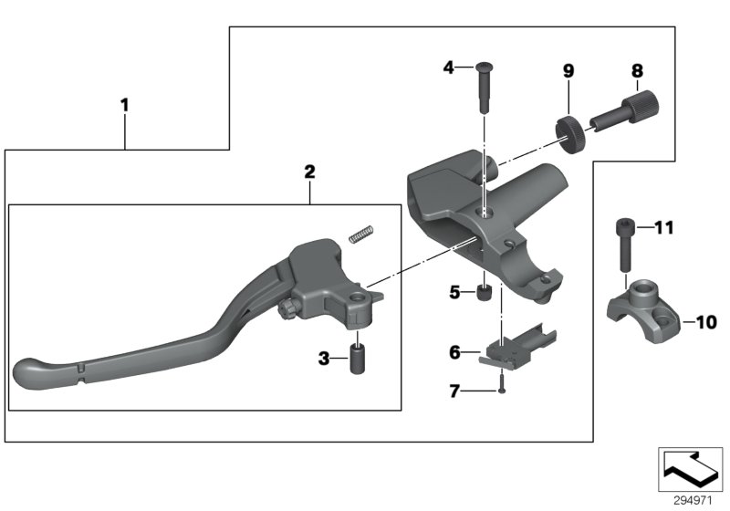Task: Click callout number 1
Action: click(x=125, y=105)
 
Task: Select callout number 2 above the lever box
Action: click(x=309, y=171)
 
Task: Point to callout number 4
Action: click(x=449, y=67)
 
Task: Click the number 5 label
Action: click(x=454, y=293)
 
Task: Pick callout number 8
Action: click(x=637, y=69)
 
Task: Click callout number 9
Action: click(x=567, y=69)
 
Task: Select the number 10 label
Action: click(x=706, y=321)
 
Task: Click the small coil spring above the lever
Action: click(x=361, y=235)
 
